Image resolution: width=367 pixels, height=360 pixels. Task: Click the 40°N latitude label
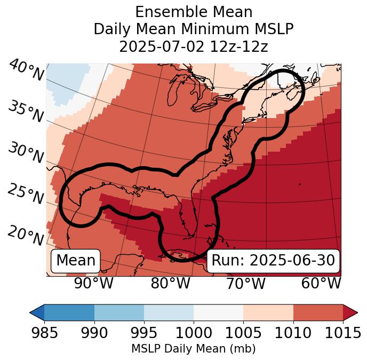pyautogui.click(x=26, y=71)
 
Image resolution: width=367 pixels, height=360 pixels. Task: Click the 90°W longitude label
pyautogui.click(x=93, y=283)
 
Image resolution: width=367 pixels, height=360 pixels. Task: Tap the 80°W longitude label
pyautogui.click(x=170, y=283)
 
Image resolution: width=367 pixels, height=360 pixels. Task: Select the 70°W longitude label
pyautogui.click(x=245, y=283)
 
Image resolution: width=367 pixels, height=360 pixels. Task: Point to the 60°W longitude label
pyautogui.click(x=321, y=283)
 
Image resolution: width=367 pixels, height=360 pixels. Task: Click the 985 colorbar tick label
pyautogui.click(x=45, y=333)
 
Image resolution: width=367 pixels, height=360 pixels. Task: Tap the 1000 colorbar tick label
pyautogui.click(x=194, y=333)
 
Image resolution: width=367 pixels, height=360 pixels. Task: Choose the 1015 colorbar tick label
pyautogui.click(x=342, y=333)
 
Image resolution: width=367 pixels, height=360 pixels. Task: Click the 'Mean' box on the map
pyautogui.click(x=76, y=261)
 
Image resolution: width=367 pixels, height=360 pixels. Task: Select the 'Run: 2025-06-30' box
pyautogui.click(x=273, y=261)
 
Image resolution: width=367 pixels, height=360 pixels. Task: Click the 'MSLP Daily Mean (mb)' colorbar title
pyautogui.click(x=194, y=349)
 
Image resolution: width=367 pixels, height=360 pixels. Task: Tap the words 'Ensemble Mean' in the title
pyautogui.click(x=194, y=12)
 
